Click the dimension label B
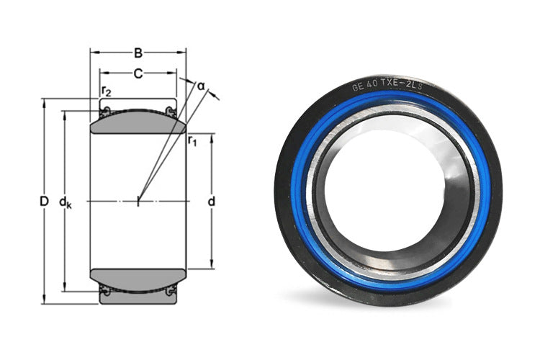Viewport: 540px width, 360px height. pyautogui.click(x=138, y=52)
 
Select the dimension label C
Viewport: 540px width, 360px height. pyautogui.click(x=138, y=73)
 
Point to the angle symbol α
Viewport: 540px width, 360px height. pyautogui.click(x=201, y=86)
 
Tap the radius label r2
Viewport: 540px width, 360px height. pyautogui.click(x=107, y=91)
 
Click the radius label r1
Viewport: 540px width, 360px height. pyautogui.click(x=192, y=140)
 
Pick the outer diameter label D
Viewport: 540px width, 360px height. pyautogui.click(x=43, y=202)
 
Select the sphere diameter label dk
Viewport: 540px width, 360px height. pyautogui.click(x=65, y=202)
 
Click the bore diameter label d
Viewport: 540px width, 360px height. pyautogui.click(x=211, y=202)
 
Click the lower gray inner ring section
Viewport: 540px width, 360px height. pyautogui.click(x=138, y=279)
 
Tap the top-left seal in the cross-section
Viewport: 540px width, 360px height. pyautogui.click(x=104, y=110)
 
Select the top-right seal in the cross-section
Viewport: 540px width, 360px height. pyautogui.click(x=171, y=110)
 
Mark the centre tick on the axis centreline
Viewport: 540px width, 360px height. pyautogui.click(x=138, y=201)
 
